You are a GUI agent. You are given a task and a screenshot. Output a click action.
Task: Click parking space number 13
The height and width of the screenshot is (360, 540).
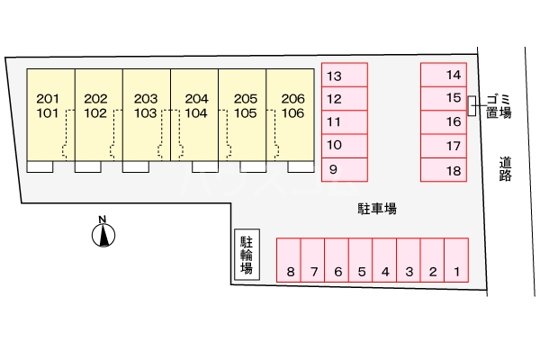(345, 75)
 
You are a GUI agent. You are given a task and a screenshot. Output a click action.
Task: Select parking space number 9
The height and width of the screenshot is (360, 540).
(345, 168)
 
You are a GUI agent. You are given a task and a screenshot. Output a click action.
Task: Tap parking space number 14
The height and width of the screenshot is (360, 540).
(443, 75)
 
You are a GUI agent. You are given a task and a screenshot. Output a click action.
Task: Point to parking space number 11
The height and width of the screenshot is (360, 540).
(345, 121)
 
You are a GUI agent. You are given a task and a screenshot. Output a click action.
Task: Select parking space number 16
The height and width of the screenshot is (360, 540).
(443, 121)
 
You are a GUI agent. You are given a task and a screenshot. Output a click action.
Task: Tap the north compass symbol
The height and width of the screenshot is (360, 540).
(104, 234)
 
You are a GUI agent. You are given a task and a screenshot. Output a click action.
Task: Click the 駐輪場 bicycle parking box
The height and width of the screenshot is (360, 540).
(246, 256)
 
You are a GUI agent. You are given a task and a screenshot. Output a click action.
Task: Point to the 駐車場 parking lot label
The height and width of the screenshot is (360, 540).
(377, 208)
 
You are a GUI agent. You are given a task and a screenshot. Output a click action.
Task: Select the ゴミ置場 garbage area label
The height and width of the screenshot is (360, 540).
(498, 105)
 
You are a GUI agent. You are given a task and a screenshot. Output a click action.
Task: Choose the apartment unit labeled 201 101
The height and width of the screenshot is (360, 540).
(49, 106)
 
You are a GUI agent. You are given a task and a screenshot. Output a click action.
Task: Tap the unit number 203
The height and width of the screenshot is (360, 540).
(146, 99)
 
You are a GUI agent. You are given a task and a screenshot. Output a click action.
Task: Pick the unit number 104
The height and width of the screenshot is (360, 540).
(195, 113)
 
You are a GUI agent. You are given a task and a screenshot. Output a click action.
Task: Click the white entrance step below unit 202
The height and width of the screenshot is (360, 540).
(88, 166)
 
